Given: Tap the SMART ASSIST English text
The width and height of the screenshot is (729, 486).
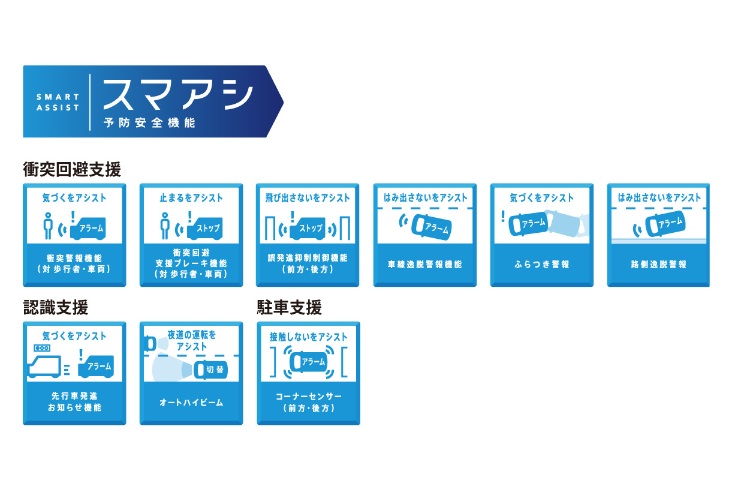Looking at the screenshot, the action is coord(58,102).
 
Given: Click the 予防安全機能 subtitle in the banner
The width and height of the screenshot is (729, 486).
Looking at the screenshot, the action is coord(149,123).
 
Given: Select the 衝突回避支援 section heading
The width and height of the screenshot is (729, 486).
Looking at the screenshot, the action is coord(72,169).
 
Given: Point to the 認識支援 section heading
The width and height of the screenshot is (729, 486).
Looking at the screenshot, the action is coord(56,307).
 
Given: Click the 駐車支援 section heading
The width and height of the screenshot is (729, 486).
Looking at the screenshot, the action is coord(290,307).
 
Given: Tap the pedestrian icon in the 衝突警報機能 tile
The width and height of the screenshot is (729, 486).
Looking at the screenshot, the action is coord(48,226).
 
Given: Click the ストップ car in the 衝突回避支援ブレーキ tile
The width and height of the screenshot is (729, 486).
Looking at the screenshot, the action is coord(205,228).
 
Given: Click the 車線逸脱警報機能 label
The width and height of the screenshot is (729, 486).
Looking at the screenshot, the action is coord(424,264).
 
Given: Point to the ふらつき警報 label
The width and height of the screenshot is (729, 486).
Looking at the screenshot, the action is coord(542,264).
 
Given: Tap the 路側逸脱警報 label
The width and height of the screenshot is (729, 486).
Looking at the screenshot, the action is coord(659,264).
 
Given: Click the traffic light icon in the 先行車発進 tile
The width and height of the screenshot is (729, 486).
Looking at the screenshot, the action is coord(42,348).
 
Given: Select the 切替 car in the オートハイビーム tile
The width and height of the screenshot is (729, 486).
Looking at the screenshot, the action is coord(210,370).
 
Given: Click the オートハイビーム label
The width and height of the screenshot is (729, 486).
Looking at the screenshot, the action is coord(191,403).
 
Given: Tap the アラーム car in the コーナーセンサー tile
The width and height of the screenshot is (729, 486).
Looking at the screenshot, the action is coord(309,362).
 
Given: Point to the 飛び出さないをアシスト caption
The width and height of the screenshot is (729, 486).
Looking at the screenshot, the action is coord(308,198).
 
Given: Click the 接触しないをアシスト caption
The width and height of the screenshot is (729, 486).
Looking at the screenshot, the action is coord(309,337).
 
